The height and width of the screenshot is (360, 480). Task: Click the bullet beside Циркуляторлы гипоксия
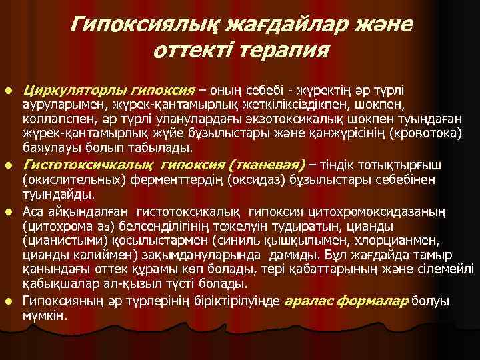pos(9,89)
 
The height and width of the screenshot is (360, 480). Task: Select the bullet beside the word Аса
pos(9,211)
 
